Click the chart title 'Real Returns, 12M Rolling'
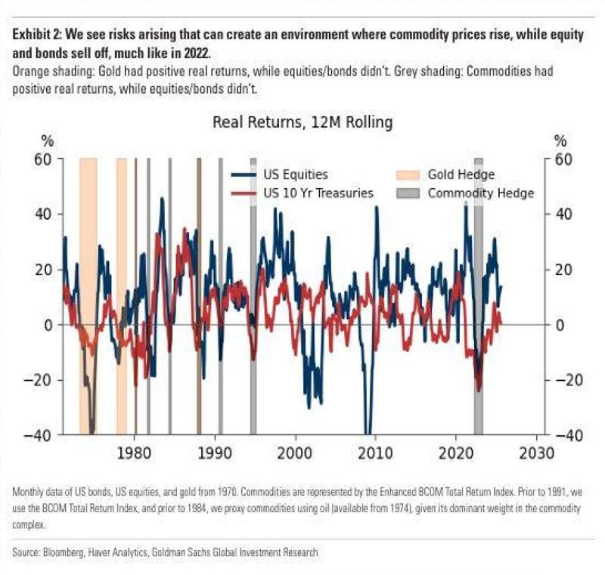pos(302,122)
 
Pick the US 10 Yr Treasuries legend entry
pos(318,193)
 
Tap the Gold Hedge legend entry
pos(461,175)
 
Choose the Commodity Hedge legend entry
pos(480,193)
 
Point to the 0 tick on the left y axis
pos(48,325)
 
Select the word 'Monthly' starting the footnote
pos(29,492)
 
